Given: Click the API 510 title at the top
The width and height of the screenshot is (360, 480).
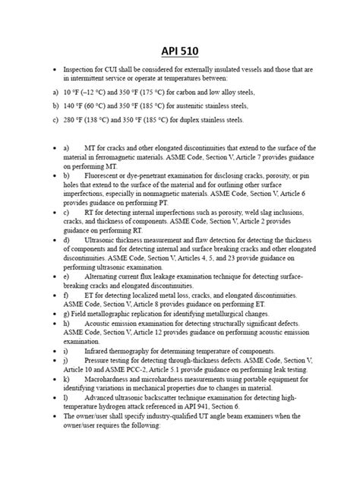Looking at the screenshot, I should click(x=180, y=51).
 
